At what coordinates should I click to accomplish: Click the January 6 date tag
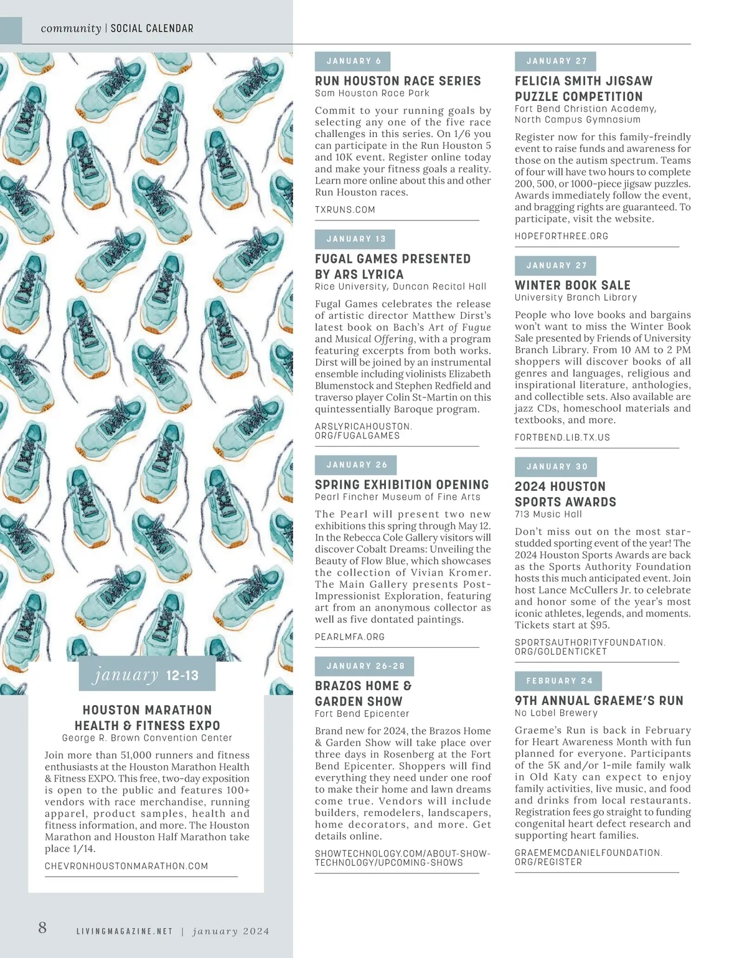click(x=353, y=61)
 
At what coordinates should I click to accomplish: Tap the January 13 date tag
click(x=355, y=239)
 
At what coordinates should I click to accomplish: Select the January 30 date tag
click(x=556, y=467)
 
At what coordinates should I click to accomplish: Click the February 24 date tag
click(x=558, y=681)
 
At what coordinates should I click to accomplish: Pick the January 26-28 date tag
click(x=365, y=666)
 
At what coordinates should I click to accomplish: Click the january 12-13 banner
click(x=147, y=675)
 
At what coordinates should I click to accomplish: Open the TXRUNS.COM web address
click(x=345, y=210)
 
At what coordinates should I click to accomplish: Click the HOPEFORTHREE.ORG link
click(x=561, y=236)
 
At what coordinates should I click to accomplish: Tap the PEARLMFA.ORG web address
click(x=349, y=637)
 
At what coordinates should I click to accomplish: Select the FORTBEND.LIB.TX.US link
click(x=562, y=437)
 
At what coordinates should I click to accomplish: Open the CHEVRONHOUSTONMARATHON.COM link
click(x=126, y=866)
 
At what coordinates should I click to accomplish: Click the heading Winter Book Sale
click(x=572, y=285)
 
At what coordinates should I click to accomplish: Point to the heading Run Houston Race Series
click(x=398, y=81)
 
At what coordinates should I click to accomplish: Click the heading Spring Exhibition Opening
click(x=402, y=485)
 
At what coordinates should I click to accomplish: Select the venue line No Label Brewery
click(x=555, y=713)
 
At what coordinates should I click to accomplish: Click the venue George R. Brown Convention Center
click(x=147, y=738)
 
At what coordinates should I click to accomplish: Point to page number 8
click(x=42, y=927)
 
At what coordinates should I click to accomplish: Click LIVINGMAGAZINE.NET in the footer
click(x=124, y=931)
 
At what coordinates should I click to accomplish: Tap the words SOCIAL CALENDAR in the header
click(x=152, y=29)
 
